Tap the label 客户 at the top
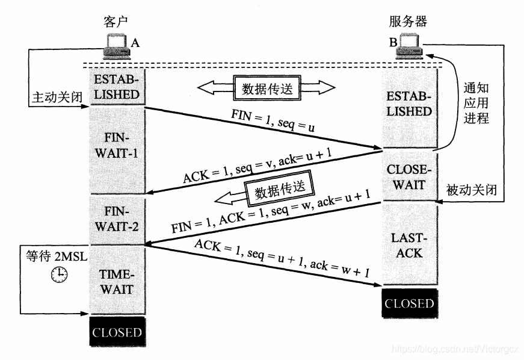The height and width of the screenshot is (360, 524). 117,22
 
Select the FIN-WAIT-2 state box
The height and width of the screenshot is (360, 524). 117,219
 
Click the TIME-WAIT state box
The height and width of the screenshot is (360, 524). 117,282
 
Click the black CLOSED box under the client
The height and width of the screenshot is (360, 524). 117,332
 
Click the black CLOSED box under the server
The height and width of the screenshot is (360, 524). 409,303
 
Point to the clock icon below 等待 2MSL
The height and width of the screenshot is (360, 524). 59,275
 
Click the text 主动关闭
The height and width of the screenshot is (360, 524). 54,96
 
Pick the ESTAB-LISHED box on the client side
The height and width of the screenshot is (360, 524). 117,87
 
